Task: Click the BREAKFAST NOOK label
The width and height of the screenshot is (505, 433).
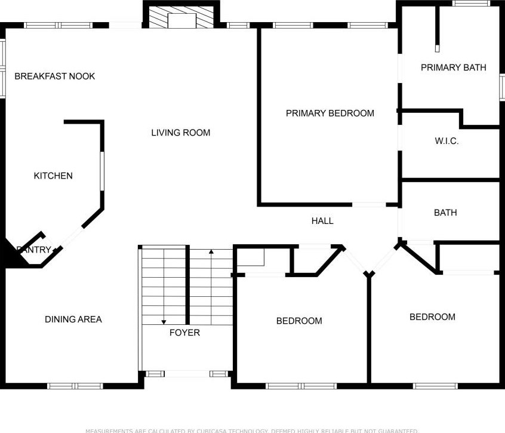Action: click(55, 76)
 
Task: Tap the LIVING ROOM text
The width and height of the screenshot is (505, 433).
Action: click(180, 133)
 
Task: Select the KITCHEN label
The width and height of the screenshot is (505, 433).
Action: click(53, 176)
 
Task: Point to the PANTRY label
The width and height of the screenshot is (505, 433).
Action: click(34, 250)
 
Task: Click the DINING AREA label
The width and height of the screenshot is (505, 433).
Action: click(73, 320)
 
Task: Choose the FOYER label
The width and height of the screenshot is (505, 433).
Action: click(184, 333)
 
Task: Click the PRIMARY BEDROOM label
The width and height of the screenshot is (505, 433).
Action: click(330, 113)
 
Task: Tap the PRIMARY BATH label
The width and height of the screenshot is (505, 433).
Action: click(453, 67)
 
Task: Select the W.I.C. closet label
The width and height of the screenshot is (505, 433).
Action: click(447, 142)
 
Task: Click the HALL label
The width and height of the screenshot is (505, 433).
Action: click(322, 221)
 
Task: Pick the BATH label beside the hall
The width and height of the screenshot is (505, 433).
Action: click(445, 213)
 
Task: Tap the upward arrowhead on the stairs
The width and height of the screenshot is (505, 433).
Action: click(211, 252)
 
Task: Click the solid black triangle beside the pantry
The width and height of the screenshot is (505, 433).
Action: click(11, 254)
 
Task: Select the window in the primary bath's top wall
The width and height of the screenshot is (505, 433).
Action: click(471, 4)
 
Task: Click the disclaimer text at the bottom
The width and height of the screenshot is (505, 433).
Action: click(252, 430)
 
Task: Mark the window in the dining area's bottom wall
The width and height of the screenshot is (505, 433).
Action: click(75, 386)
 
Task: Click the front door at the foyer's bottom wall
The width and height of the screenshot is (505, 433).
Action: click(186, 374)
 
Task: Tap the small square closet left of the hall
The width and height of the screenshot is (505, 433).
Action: click(250, 257)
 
